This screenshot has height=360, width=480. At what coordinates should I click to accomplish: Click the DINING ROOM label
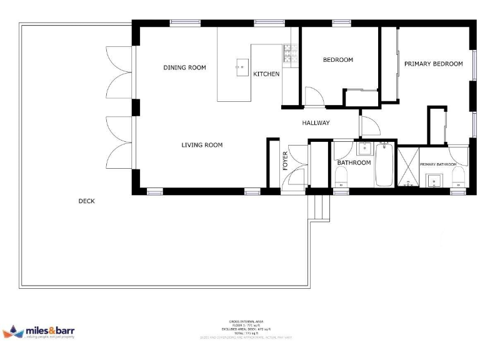pos(184,67)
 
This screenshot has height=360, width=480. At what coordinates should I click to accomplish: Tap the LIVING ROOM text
pos(202,145)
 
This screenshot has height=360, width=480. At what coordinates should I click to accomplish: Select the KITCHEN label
pos(266,74)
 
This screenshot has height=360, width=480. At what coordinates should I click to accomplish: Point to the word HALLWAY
pos(316,123)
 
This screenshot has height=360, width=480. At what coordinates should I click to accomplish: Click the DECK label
pos(86,201)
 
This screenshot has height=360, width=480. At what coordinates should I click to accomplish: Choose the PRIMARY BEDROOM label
pos(433,64)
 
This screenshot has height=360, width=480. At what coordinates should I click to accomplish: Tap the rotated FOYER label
pos(286,161)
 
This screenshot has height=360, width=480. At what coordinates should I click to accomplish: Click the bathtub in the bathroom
pos(383,164)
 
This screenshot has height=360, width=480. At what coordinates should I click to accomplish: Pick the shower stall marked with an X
pos(407,167)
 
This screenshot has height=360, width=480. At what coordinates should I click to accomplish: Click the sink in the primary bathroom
pos(434,181)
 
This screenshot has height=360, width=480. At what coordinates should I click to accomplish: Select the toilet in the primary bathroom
pos(458,177)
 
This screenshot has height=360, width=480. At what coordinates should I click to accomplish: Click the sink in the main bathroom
pos(364,149)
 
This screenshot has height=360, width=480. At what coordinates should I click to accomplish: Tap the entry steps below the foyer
pos(319,207)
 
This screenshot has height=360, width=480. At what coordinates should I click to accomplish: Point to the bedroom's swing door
pos(312,96)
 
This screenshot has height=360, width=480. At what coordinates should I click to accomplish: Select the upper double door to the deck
pos(119,72)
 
